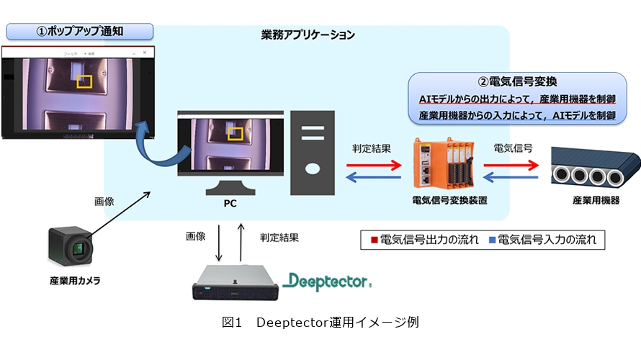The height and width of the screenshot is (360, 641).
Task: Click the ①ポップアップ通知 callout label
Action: point(80,31)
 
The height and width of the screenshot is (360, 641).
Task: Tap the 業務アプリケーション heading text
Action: point(308,34)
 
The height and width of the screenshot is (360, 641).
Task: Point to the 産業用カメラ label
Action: point(70,281)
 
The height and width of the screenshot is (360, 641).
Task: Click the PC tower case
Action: point(312,152)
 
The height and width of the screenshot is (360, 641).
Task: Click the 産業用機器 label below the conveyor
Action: point(596,200)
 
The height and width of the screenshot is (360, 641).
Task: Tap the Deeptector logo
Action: point(327,280)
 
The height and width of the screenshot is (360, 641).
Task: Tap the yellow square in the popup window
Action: point(85,81)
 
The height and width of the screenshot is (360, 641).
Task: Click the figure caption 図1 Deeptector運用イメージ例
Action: point(320,322)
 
